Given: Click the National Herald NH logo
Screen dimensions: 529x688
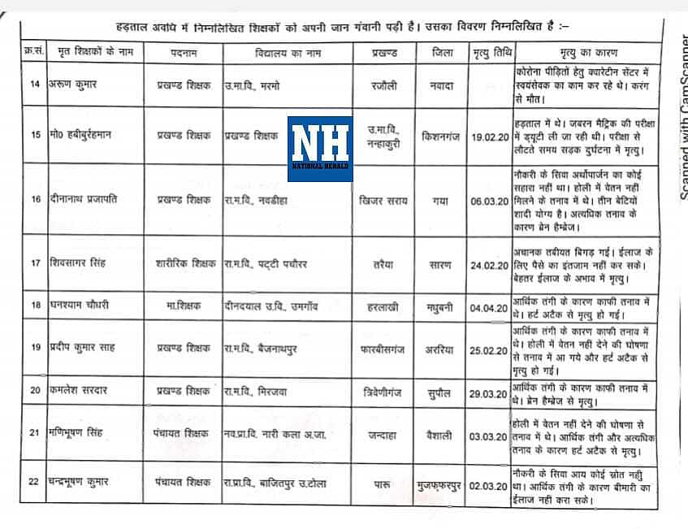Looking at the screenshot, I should [320, 149].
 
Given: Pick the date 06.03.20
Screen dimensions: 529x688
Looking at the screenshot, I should [491, 200].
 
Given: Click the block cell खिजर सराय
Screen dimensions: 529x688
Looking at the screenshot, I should [381, 200].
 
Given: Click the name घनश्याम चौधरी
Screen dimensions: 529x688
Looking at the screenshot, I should [76, 305].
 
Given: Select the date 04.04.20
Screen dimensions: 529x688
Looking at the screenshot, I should [491, 308].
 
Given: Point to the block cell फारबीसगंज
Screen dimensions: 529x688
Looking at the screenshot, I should [381, 348].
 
